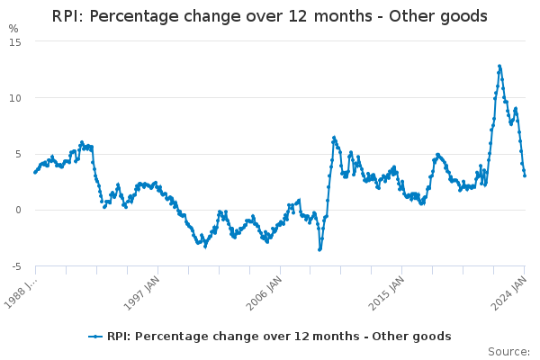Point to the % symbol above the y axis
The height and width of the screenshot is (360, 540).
click(x=13, y=28)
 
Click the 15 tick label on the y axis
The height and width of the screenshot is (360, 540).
click(x=15, y=41)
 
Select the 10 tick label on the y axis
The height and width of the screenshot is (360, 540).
click(x=15, y=97)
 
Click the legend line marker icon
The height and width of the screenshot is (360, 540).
click(x=95, y=337)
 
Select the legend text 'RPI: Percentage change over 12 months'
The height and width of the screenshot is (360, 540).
click(x=226, y=337)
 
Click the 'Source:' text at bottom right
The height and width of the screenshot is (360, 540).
click(x=508, y=352)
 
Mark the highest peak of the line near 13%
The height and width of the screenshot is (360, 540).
click(x=499, y=66)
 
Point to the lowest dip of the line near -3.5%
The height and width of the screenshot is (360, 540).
click(x=319, y=249)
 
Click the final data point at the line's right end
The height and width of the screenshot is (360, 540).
click(x=525, y=175)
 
